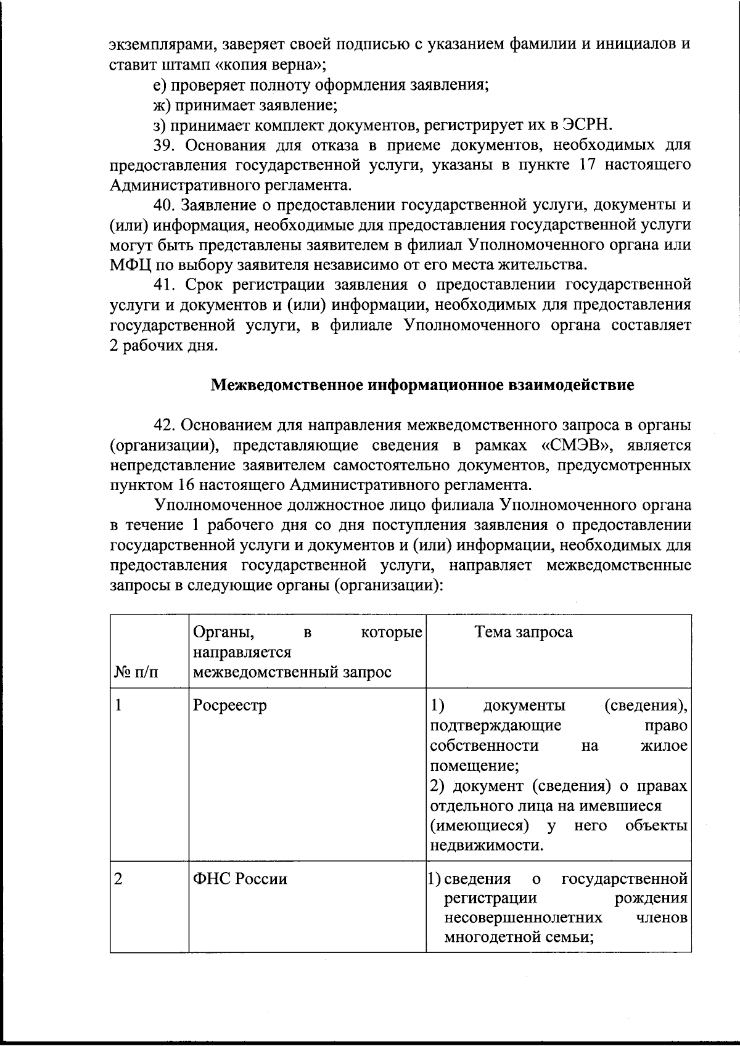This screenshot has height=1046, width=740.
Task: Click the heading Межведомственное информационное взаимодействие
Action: [x=422, y=386]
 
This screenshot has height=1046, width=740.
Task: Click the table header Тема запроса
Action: [x=523, y=632]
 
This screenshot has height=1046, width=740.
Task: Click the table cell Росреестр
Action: [x=229, y=706]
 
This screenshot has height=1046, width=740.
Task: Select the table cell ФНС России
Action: [x=240, y=878]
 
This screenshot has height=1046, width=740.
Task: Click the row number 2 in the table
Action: [x=118, y=878]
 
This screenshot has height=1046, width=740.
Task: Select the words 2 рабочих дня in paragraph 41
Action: [x=163, y=346]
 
